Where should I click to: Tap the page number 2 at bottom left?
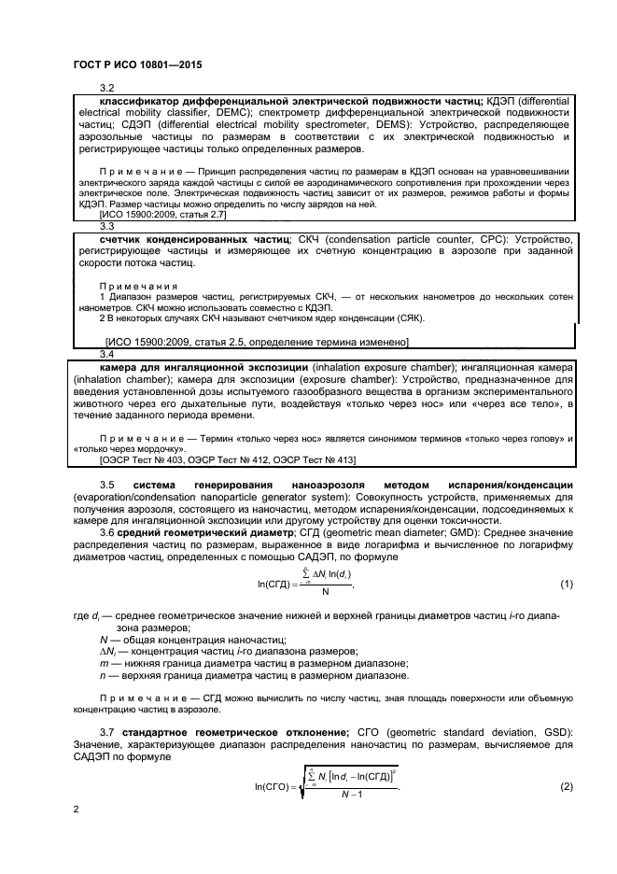75,810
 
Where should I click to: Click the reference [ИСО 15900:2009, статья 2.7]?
161,214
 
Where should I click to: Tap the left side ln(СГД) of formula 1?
278,585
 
